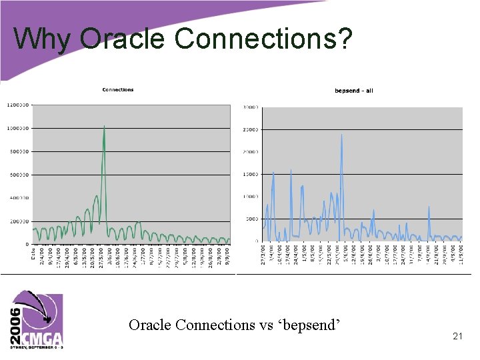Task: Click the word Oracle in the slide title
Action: (122, 39)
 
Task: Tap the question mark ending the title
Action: (343, 39)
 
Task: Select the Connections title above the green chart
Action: (117, 89)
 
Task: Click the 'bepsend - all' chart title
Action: (353, 90)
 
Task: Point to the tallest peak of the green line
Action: (104, 125)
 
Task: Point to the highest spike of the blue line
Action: (341, 135)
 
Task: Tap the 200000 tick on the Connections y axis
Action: (19, 221)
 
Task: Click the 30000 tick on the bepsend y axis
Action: (250, 107)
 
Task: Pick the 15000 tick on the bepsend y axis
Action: (250, 174)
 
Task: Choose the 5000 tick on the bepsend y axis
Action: (251, 219)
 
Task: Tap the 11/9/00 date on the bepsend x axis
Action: (460, 255)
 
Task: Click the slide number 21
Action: (457, 337)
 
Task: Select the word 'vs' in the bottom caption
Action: (257, 325)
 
